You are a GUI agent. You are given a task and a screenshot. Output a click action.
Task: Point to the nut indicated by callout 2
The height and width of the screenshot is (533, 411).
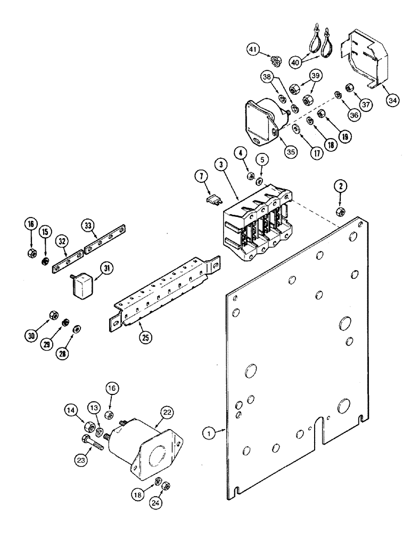coord(339,212)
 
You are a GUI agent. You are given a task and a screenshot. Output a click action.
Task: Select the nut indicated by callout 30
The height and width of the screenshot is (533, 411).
coord(53,314)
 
